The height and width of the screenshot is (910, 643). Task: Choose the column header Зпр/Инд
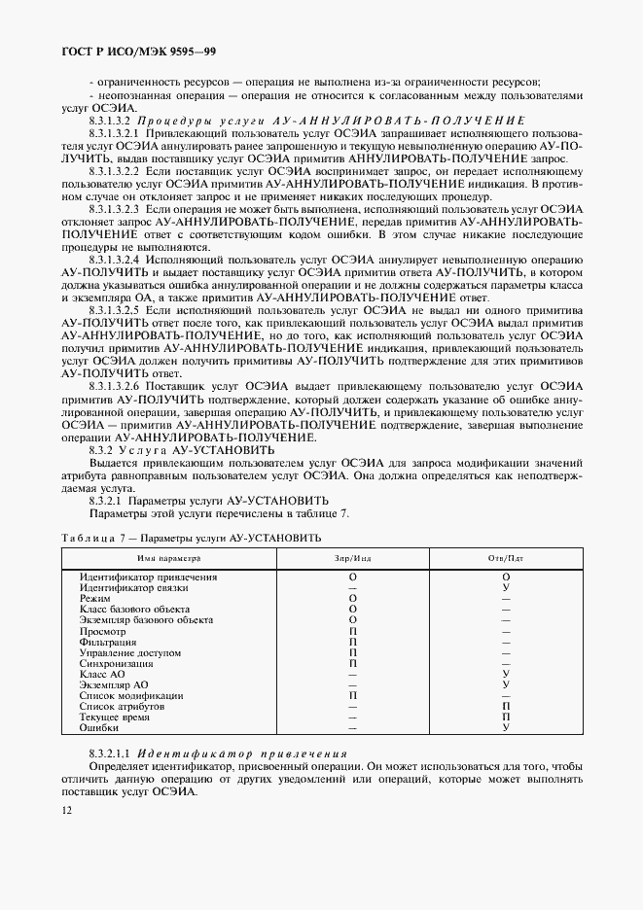click(x=352, y=559)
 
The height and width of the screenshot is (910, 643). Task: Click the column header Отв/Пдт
click(x=505, y=559)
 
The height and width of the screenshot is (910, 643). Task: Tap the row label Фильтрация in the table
click(x=108, y=642)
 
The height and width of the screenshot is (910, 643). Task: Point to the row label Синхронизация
click(x=116, y=663)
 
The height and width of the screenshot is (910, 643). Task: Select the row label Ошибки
click(x=99, y=727)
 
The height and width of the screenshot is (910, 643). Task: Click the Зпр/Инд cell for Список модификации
click(x=352, y=695)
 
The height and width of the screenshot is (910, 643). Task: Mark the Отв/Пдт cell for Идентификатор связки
click(x=506, y=588)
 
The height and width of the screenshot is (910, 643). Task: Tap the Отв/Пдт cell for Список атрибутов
click(x=506, y=706)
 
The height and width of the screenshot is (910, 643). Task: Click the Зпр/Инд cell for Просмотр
click(x=352, y=631)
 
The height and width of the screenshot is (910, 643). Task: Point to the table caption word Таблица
click(x=87, y=538)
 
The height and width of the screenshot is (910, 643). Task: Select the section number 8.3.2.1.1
click(x=110, y=753)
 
